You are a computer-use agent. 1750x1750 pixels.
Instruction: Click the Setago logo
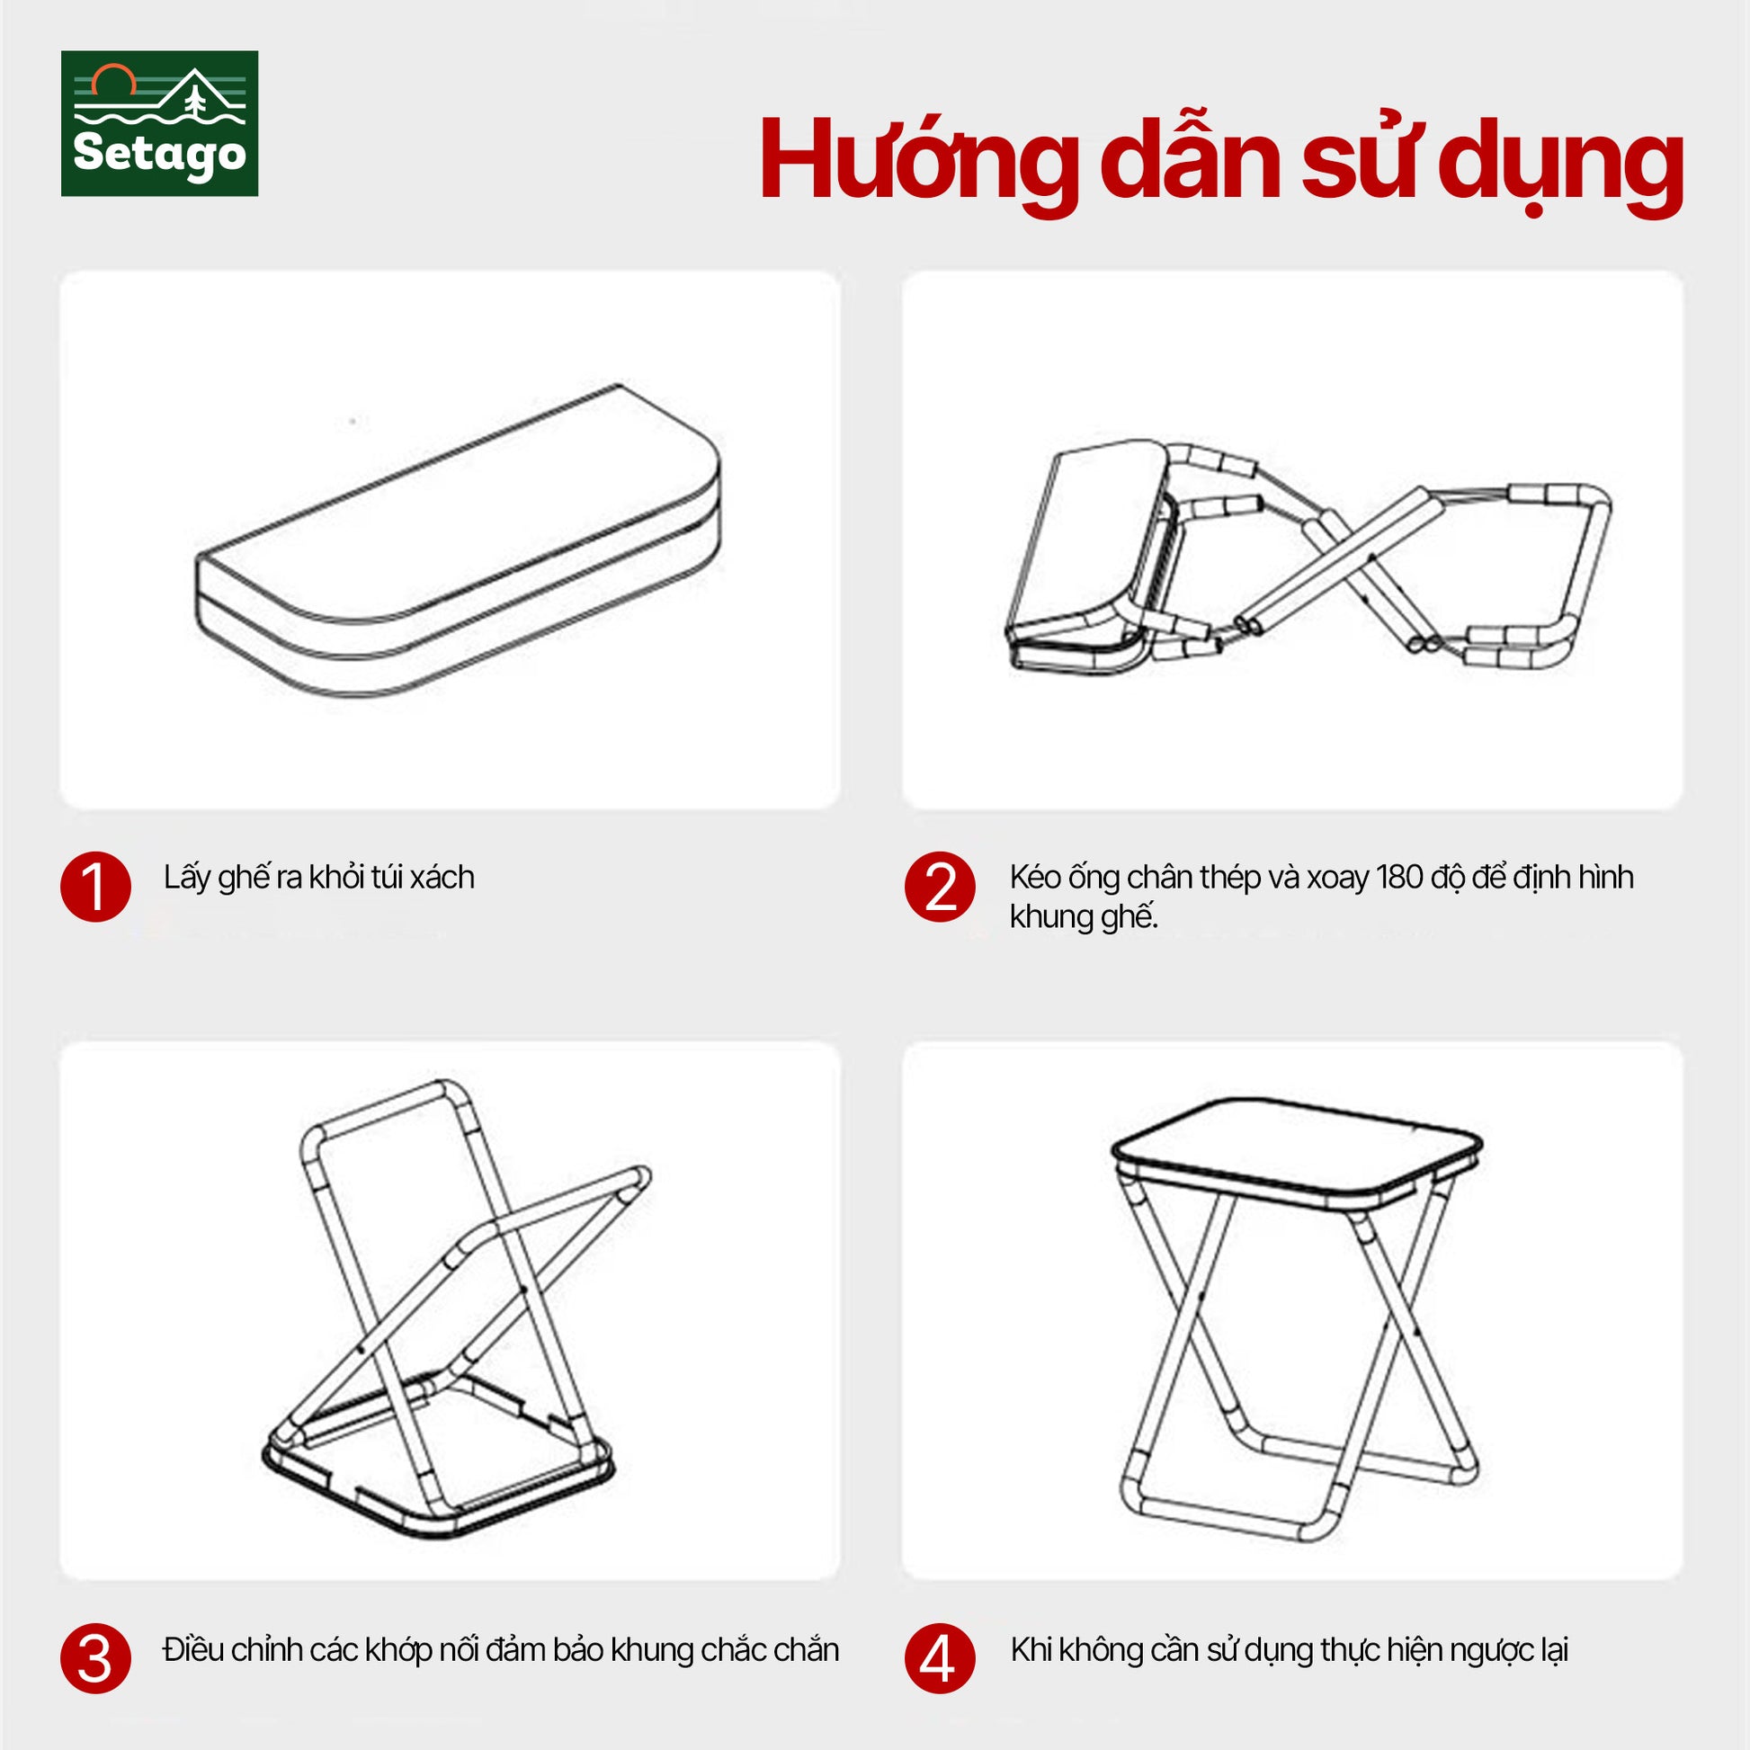(x=159, y=123)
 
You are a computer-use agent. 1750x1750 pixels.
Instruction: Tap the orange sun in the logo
(x=113, y=80)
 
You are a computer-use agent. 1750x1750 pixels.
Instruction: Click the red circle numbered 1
(x=96, y=887)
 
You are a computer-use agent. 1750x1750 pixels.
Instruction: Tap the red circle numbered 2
(x=941, y=887)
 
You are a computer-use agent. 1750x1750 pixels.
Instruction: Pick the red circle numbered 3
(x=96, y=1658)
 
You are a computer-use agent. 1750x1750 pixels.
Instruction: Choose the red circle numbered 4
(x=941, y=1658)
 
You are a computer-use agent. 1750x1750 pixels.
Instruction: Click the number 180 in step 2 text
(x=1399, y=877)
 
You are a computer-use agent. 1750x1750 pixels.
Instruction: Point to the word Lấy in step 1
(x=187, y=878)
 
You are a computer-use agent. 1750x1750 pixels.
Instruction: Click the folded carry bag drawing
(x=459, y=540)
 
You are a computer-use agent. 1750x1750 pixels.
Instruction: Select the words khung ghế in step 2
(x=1084, y=918)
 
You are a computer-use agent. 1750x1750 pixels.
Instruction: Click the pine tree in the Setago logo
(x=195, y=96)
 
